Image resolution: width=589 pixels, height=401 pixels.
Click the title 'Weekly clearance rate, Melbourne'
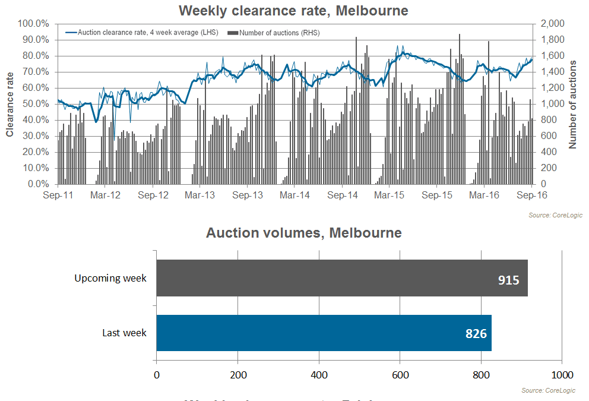294,10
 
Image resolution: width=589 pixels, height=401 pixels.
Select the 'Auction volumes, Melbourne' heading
303,233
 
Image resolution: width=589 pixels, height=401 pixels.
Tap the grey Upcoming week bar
341,278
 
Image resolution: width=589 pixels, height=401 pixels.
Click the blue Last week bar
324,333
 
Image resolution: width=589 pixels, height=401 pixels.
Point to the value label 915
508,279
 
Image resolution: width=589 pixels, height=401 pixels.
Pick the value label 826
476,333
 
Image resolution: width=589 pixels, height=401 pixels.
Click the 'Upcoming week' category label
110,278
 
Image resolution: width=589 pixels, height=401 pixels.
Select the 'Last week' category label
124,333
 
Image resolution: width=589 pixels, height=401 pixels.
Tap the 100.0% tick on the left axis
34,24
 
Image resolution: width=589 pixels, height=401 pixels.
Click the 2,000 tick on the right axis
552,24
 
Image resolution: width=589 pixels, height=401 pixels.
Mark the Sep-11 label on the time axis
58,195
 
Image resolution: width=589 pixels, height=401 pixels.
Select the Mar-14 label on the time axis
295,195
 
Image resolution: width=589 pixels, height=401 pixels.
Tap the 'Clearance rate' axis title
10,105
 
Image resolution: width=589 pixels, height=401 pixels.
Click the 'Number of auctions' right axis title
573,105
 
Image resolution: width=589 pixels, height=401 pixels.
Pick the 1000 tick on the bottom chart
562,375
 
